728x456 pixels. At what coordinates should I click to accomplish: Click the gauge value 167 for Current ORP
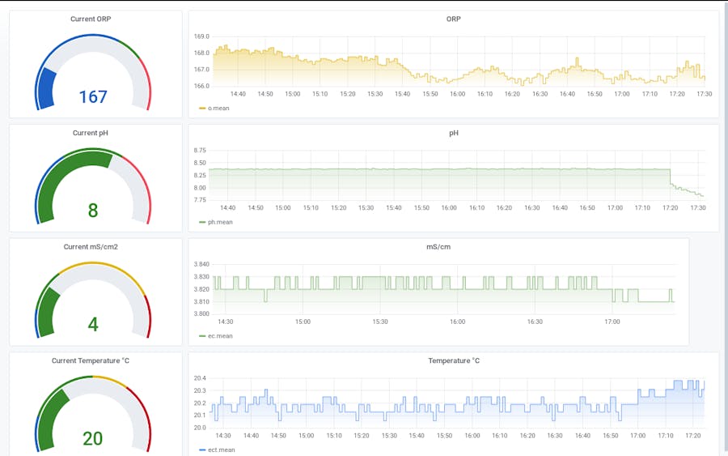click(92, 97)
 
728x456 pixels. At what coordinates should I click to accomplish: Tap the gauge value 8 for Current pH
click(92, 211)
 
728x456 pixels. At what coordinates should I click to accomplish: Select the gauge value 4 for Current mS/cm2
click(92, 325)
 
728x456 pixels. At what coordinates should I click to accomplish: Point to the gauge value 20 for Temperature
click(92, 438)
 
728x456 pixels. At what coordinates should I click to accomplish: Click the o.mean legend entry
click(218, 108)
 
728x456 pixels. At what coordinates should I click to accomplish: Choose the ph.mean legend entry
click(219, 221)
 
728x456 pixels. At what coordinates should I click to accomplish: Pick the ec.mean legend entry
click(219, 335)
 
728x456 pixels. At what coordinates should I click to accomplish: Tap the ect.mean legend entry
click(221, 450)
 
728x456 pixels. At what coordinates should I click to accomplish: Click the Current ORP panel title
click(91, 19)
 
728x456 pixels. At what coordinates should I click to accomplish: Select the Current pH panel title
click(91, 133)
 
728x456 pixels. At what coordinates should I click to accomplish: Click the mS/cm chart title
click(438, 246)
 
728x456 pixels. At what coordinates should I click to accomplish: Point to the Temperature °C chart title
click(453, 360)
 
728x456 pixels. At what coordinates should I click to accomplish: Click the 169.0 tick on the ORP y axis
click(201, 36)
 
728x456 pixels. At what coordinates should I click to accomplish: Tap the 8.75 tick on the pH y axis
click(200, 151)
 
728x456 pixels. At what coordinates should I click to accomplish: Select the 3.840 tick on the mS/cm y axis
click(201, 264)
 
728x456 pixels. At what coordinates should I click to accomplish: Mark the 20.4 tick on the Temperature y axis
click(200, 378)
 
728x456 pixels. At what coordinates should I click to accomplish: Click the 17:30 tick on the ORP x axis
click(704, 94)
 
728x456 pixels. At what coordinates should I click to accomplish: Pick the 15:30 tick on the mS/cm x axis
click(380, 322)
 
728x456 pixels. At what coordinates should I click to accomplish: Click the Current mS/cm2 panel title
click(91, 246)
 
